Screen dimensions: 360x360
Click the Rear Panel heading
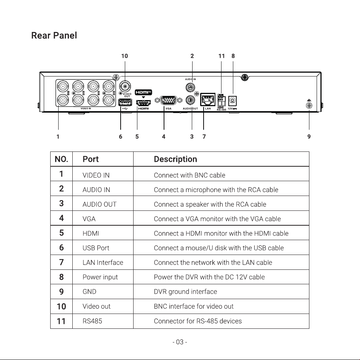[54, 36]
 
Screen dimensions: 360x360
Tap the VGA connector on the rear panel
[169, 100]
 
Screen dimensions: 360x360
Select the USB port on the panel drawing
[125, 102]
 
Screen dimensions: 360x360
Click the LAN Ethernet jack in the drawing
[208, 99]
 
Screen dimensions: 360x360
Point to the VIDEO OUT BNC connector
[125, 86]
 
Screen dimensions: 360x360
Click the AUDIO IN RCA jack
[190, 87]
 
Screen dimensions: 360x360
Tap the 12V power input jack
[233, 101]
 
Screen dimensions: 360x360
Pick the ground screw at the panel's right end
[309, 105]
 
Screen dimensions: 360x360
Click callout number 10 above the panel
[125, 56]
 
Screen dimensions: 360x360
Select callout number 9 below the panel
[309, 137]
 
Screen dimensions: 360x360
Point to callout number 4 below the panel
[164, 137]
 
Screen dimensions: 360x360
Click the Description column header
[175, 159]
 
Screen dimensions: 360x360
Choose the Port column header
[91, 159]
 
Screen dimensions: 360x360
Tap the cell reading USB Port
[96, 248]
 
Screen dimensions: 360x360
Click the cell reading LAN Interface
[103, 263]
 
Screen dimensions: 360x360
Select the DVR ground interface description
[185, 292]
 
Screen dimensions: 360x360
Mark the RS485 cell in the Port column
[92, 321]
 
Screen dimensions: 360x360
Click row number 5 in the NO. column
[62, 233]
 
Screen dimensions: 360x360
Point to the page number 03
[180, 342]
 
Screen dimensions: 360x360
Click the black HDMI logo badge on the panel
[143, 92]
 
